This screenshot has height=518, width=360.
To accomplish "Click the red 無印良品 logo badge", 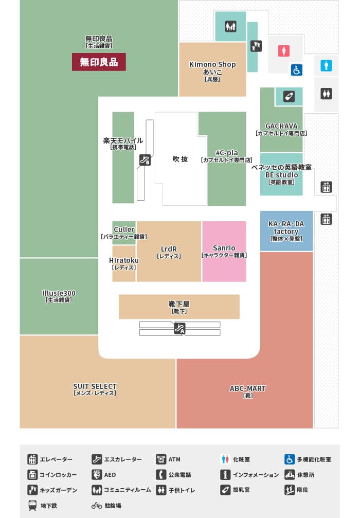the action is [x=99, y=62].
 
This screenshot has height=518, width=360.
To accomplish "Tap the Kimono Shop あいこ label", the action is [x=212, y=71].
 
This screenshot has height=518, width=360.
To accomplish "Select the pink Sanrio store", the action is [x=224, y=252].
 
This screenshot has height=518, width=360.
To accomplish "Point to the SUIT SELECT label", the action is [x=95, y=389].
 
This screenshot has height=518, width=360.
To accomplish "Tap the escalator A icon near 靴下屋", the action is [x=179, y=329].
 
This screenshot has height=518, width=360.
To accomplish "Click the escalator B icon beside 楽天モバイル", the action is [x=145, y=160].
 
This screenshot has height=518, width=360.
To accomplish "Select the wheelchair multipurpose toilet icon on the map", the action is [x=297, y=70].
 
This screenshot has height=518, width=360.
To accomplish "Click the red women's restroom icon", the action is [x=284, y=51].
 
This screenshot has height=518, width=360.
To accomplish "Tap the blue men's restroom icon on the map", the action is [x=326, y=65].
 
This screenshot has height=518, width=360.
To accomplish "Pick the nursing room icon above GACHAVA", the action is [x=289, y=97].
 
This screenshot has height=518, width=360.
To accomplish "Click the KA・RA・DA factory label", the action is [x=286, y=231].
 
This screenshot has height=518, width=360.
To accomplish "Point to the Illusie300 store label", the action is [x=59, y=296].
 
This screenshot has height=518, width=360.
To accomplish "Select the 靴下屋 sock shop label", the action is [x=179, y=307].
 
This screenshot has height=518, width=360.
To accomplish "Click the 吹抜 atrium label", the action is [x=180, y=159].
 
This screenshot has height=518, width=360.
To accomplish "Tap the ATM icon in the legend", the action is [x=161, y=459].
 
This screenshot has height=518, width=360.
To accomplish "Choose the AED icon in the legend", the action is [x=97, y=475].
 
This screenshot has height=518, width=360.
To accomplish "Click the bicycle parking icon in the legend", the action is [x=97, y=506].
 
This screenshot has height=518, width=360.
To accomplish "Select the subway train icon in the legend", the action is [x=32, y=506].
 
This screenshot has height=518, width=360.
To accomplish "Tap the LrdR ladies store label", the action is [x=169, y=252].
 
